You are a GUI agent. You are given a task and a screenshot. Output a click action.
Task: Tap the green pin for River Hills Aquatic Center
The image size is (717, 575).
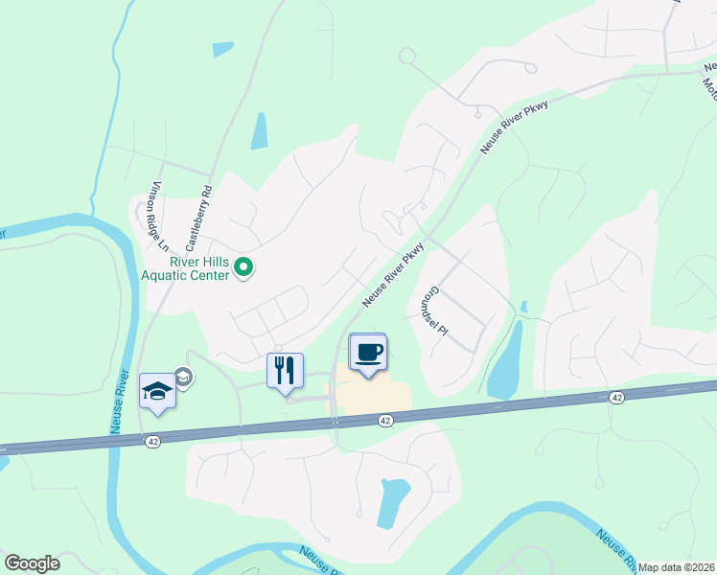pyautogui.click(x=243, y=268)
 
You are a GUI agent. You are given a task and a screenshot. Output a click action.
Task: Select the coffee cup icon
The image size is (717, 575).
pyautogui.click(x=368, y=352)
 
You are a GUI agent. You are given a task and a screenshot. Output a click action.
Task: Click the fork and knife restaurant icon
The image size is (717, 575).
pyautogui.click(x=285, y=371)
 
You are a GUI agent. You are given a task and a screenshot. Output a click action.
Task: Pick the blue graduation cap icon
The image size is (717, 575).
pyautogui.click(x=157, y=391)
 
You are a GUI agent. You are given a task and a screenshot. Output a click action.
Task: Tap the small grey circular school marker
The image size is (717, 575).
pyautogui.click(x=183, y=379)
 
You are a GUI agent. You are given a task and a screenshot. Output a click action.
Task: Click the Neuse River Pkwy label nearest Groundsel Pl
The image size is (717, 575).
pyautogui.click(x=393, y=275)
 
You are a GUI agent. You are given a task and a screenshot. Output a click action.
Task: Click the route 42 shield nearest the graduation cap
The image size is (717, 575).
pyautogui.click(x=152, y=442)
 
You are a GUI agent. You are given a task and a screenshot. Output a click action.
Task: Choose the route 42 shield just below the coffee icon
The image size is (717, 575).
pyautogui.click(x=385, y=420)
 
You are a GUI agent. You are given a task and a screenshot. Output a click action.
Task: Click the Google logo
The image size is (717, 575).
pyautogui.click(x=32, y=563)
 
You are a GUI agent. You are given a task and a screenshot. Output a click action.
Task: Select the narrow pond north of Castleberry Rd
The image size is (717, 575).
pyautogui.click(x=259, y=131)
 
